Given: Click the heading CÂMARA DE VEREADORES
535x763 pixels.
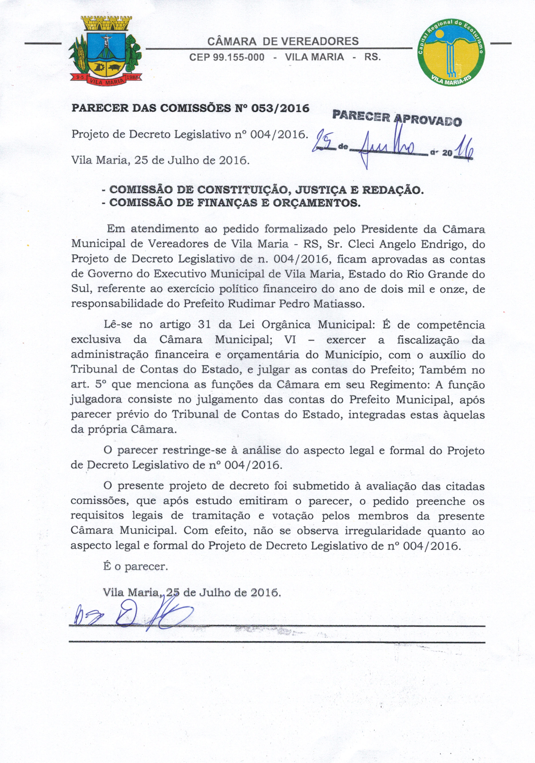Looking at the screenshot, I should click(x=283, y=41).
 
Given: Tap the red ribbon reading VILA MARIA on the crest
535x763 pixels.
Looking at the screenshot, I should click(x=106, y=80).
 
